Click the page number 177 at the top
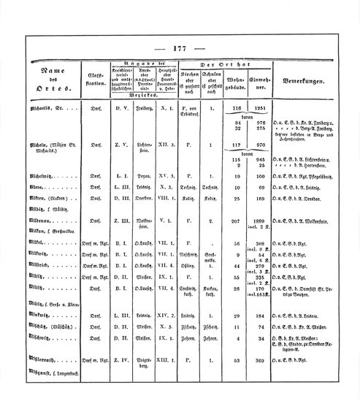[180, 48]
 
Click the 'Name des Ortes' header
[50, 74]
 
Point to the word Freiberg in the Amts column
[148, 107]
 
